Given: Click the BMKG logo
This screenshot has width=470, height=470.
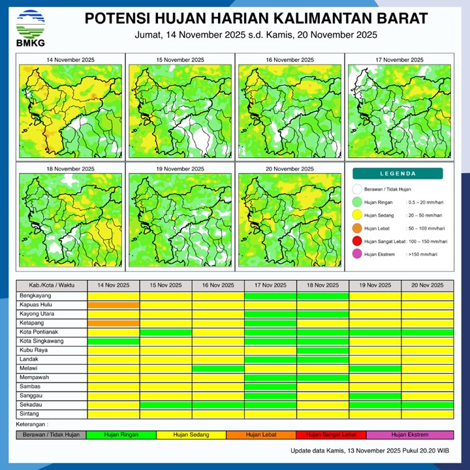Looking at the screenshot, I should click(x=31, y=28).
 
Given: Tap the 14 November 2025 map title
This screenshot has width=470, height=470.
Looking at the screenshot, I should click(x=70, y=60).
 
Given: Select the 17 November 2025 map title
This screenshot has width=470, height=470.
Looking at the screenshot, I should click(x=399, y=60).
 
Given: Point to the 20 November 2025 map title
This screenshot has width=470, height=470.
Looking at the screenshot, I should click(x=289, y=168).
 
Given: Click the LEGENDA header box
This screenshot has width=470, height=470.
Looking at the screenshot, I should click(x=398, y=174).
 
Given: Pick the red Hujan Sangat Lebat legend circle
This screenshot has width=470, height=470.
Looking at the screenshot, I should click(x=356, y=242).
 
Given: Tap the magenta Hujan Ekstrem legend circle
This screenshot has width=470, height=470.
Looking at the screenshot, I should click(x=356, y=255).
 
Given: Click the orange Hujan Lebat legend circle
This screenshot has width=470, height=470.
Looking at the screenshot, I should click(x=356, y=228).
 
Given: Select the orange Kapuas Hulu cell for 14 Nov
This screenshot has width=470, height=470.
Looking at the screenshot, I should click(x=114, y=305).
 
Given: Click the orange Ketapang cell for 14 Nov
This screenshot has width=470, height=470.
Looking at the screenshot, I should click(x=114, y=323).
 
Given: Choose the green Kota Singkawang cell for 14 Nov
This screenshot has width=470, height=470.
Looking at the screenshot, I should click(x=114, y=341).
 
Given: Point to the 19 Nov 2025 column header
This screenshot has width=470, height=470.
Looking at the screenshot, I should click(x=375, y=285).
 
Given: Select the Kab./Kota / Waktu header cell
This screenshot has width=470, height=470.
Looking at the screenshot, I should click(x=52, y=285).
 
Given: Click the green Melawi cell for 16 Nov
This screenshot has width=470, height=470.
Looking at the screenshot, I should click(x=218, y=369).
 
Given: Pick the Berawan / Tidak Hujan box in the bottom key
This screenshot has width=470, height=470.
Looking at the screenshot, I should click(x=52, y=435).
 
